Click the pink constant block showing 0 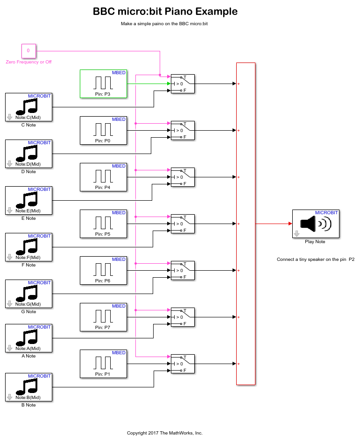(x=28, y=50)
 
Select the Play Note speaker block (x=315, y=224)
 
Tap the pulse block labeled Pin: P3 (x=103, y=84)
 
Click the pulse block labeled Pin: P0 (x=103, y=130)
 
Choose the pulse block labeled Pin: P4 (x=103, y=177)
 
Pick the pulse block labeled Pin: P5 (x=103, y=224)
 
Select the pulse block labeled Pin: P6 (x=103, y=270)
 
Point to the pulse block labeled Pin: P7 (x=103, y=317)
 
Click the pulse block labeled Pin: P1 (x=103, y=364)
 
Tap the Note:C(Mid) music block (x=28, y=107)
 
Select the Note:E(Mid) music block (x=28, y=200)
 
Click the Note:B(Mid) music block (x=28, y=387)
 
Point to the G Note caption (x=28, y=312)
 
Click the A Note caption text (x=28, y=356)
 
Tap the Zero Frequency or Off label (x=28, y=62)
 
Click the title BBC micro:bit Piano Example (x=165, y=12)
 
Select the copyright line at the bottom (x=165, y=433)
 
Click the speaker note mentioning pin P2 (x=315, y=260)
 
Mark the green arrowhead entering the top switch (x=169, y=84)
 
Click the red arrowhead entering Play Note (x=290, y=224)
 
